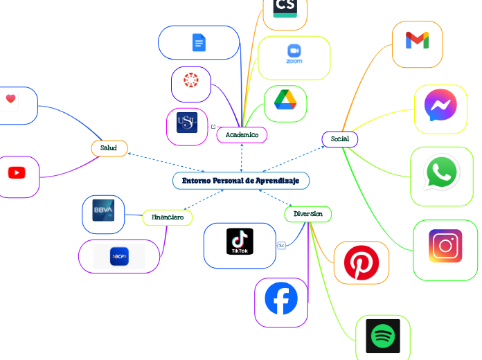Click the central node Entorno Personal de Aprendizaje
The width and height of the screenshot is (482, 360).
(240, 181)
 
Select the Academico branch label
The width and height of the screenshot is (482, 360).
(242, 135)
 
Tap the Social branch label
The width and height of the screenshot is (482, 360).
(339, 139)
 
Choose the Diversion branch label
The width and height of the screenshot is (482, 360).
(307, 214)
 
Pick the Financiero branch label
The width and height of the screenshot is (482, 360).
(168, 217)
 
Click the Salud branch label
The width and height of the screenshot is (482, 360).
(109, 148)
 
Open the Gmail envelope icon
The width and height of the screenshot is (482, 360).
(417, 42)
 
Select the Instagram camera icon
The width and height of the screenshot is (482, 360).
(445, 246)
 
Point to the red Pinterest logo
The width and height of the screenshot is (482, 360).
(361, 263)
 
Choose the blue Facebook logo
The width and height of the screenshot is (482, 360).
(281, 299)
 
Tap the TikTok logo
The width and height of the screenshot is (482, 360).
(240, 242)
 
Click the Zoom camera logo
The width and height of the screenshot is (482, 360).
(294, 54)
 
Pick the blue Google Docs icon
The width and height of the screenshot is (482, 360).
(199, 43)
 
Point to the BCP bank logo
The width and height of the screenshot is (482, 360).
(119, 256)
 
